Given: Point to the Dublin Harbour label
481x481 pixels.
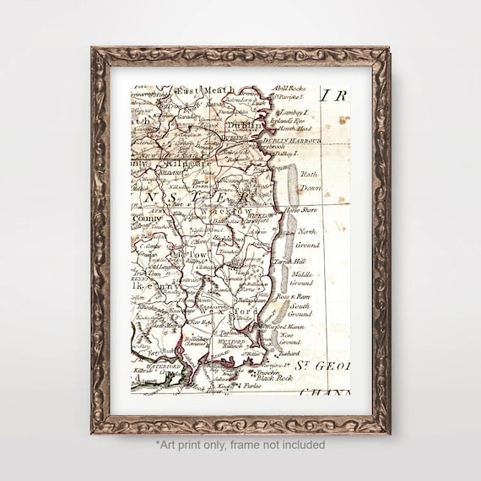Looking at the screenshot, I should pyautogui.click(x=290, y=140).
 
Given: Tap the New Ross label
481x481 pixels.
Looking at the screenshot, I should pyautogui.click(x=200, y=322).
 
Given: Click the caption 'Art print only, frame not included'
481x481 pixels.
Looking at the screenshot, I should pyautogui.click(x=240, y=445).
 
